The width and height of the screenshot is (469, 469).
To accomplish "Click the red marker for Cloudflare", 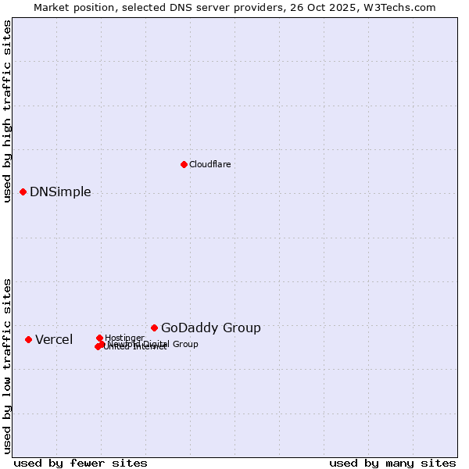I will pos(184,164).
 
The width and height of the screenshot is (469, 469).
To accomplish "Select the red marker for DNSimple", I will pos(23,192).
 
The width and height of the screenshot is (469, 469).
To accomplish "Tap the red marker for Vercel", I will pos(29,339).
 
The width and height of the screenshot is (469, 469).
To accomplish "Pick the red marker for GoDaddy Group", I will pos(155,328).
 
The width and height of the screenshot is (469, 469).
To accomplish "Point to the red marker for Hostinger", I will pos(100,338).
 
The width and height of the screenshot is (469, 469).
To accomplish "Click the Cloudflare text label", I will pos(209,164).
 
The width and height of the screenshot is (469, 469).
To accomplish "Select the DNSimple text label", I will pos(60,192).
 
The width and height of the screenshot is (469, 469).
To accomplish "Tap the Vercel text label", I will pos(54,339).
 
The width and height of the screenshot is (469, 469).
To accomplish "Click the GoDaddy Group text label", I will pos(211,328).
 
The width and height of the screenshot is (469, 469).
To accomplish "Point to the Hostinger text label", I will pos(124,338).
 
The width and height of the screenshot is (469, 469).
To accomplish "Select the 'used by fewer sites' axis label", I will pos(81,463).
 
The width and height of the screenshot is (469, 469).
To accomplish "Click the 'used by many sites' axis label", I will pos(392,463).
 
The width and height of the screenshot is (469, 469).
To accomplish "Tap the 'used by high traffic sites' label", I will pos(8,111).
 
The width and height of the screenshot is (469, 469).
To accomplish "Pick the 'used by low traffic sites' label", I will pos(8,365).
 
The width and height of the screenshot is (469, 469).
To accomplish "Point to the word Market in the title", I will pos(51,7).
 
